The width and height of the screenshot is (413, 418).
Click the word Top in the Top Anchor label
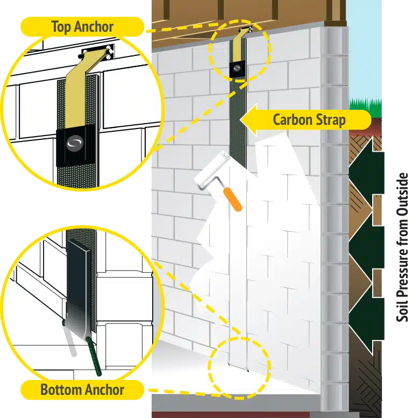point(61,26)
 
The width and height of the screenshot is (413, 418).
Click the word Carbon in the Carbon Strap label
point(293,119)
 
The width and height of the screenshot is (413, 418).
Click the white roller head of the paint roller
point(209,169)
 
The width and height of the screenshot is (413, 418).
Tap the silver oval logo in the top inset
point(74,143)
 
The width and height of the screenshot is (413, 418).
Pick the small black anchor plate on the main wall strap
point(237,68)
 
